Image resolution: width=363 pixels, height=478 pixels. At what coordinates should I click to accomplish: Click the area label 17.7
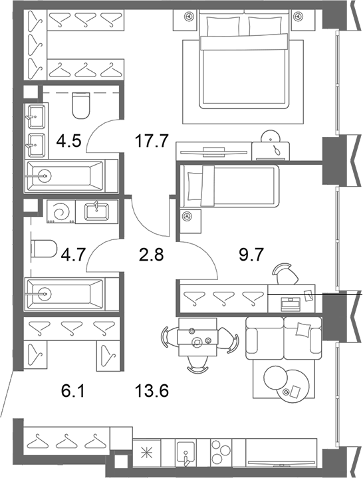click(x=151, y=141)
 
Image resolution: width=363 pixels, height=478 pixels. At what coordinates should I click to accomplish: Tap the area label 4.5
click(x=69, y=141)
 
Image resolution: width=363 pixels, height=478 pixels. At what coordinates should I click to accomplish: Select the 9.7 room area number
click(x=251, y=255)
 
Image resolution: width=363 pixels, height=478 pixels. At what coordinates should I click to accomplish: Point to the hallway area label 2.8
click(x=151, y=255)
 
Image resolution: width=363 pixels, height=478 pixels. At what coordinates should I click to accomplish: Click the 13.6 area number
click(x=152, y=391)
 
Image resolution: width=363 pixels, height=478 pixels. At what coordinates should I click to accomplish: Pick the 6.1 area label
click(x=72, y=391)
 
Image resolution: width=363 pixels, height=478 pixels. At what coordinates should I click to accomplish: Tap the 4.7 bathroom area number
click(x=72, y=255)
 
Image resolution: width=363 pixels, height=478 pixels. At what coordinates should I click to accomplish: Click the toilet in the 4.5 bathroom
click(x=81, y=106)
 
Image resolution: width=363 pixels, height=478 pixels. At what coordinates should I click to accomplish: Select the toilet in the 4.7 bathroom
click(x=44, y=249)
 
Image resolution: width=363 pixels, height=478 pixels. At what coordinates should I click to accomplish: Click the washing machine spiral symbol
click(x=61, y=211)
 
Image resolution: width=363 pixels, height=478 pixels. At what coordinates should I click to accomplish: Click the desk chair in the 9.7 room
click(x=286, y=273)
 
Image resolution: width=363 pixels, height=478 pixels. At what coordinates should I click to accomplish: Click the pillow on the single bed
click(x=194, y=185)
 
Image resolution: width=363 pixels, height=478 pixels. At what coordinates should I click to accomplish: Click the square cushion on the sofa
click(x=303, y=330)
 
